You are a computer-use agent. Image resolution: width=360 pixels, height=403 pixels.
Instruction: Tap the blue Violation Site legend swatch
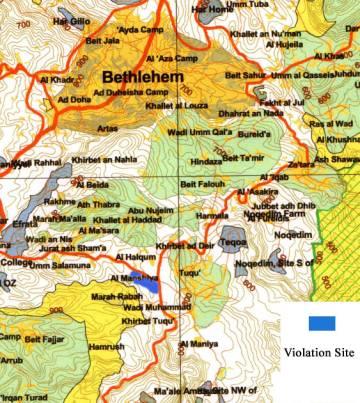(x=320, y=324)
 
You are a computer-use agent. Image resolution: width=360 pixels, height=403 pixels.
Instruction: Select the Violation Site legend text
(x=320, y=351)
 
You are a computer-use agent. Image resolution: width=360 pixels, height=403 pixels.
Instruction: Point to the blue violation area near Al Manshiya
(x=148, y=286)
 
